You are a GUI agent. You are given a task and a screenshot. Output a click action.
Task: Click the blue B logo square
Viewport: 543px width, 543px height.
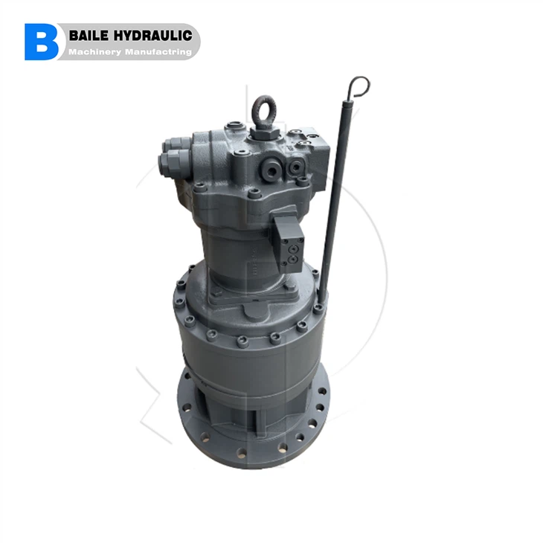pyautogui.click(x=41, y=42)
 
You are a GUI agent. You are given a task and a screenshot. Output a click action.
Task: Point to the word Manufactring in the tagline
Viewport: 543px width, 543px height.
pyautogui.click(x=158, y=52)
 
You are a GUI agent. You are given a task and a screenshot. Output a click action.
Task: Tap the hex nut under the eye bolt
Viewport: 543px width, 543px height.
pyautogui.click(x=264, y=132)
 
